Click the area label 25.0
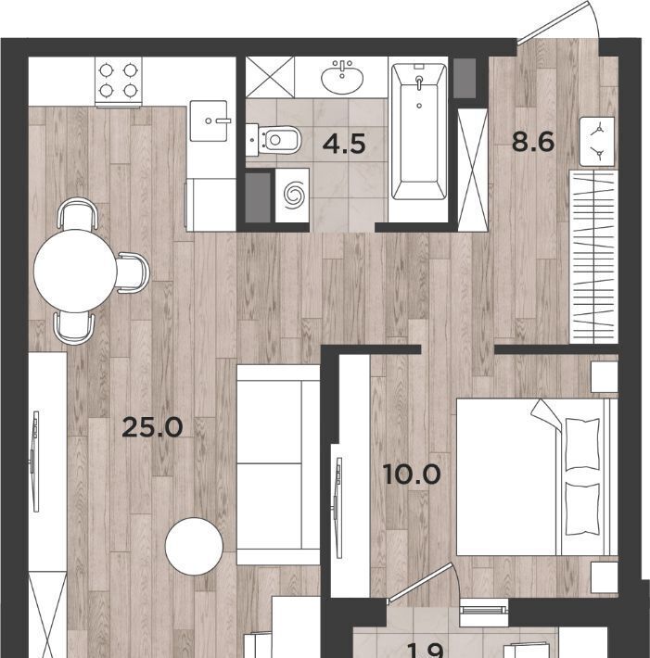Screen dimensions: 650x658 pyautogui.click(x=152, y=427)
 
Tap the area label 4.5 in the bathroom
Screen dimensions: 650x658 pyautogui.click(x=344, y=144)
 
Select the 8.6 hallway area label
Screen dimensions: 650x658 pyautogui.click(x=533, y=142)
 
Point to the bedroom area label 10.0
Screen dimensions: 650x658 pyautogui.click(x=412, y=475)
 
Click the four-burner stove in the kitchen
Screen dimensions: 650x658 pyautogui.click(x=119, y=81)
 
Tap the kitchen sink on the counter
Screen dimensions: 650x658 pyautogui.click(x=209, y=120)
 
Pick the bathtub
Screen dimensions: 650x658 pyautogui.click(x=418, y=132)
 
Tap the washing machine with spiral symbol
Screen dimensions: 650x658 pyautogui.click(x=292, y=196)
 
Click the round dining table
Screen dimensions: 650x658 pyautogui.click(x=75, y=272)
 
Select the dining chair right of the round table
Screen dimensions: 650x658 pyautogui.click(x=134, y=272)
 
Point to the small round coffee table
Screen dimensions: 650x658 pyautogui.click(x=194, y=547)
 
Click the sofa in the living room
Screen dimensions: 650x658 pyautogui.click(x=278, y=464)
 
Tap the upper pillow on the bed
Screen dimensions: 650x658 pyautogui.click(x=582, y=445)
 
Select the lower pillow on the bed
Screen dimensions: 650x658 pyautogui.click(x=582, y=509)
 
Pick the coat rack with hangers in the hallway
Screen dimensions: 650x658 pyautogui.click(x=593, y=257)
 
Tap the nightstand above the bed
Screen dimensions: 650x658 pyautogui.click(x=605, y=377)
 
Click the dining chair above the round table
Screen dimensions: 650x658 pyautogui.click(x=78, y=213)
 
